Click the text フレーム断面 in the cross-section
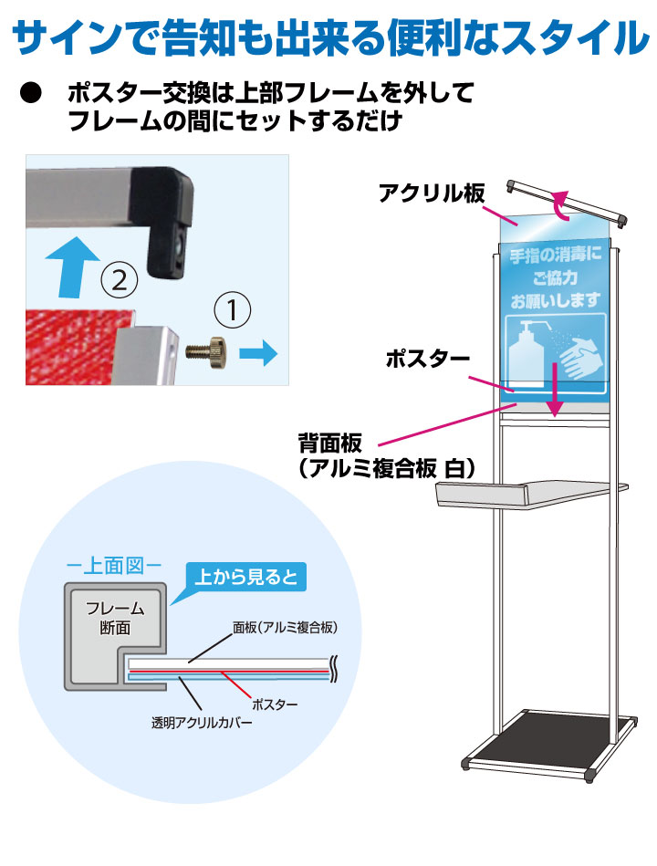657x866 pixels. [x=109, y=619]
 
